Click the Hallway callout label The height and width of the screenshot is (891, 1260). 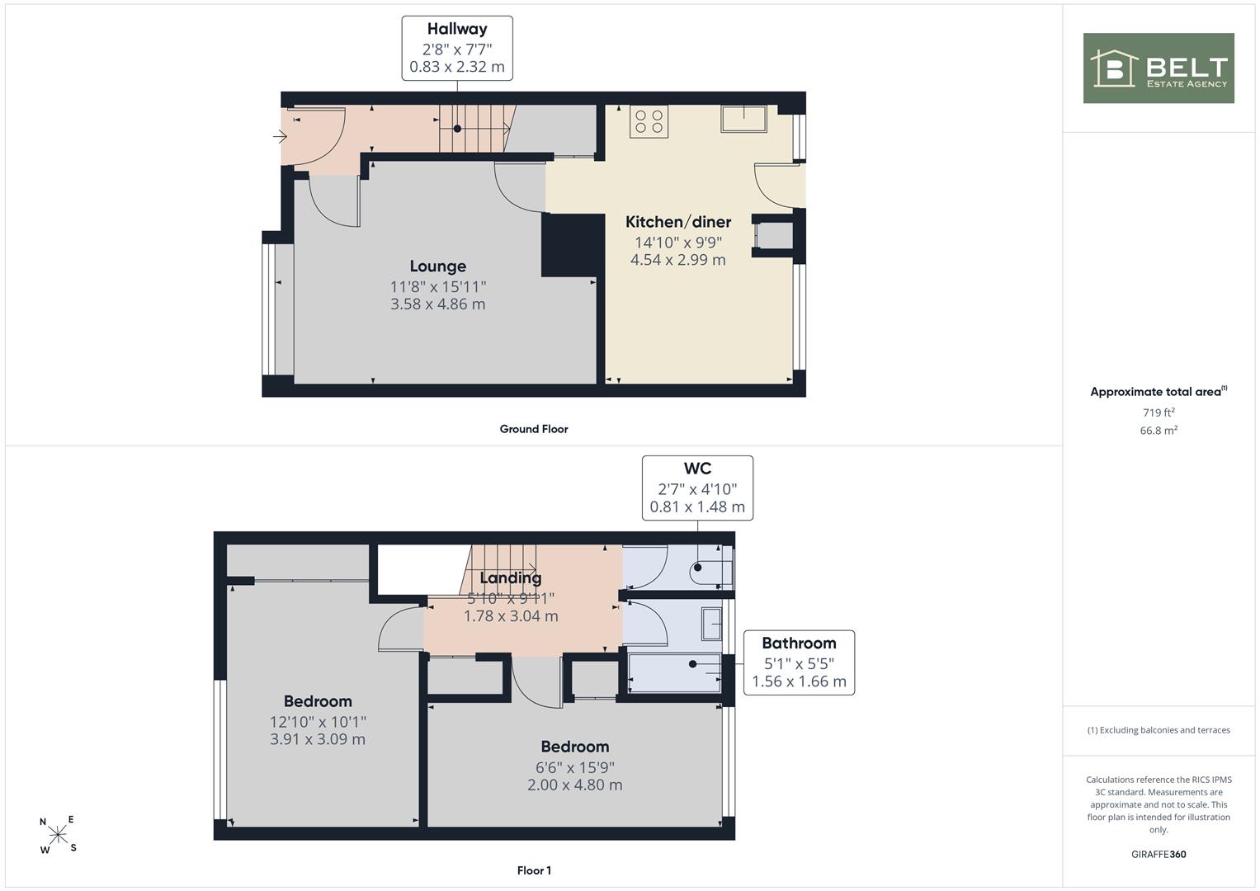pos(457,29)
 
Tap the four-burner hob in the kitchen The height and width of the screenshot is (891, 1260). pos(649,121)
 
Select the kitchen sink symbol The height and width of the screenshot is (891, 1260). pos(743,118)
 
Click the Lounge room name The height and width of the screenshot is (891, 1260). pos(437,266)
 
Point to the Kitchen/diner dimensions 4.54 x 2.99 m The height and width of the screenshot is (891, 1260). pos(677,260)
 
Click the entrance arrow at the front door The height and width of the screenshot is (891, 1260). pos(280,136)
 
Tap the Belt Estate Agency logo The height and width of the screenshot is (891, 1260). pos(1159,68)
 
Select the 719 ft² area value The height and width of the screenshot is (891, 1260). pos(1159,412)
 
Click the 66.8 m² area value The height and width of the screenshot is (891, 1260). pos(1159,431)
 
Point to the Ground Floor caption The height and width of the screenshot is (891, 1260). pos(534,429)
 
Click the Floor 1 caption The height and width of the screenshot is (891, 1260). pos(534,870)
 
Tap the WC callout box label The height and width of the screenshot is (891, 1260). pos(697,468)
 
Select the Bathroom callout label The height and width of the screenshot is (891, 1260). pos(799,643)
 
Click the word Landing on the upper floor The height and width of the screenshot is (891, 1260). pos(511,577)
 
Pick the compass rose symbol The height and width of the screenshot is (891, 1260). pos(58,835)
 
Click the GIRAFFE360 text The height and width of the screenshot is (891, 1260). pos(1159,855)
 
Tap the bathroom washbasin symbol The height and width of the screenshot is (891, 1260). pos(711,624)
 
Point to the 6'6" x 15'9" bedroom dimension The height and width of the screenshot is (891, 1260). pos(575,767)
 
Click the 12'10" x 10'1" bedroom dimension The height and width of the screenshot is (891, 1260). pos(318,722)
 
